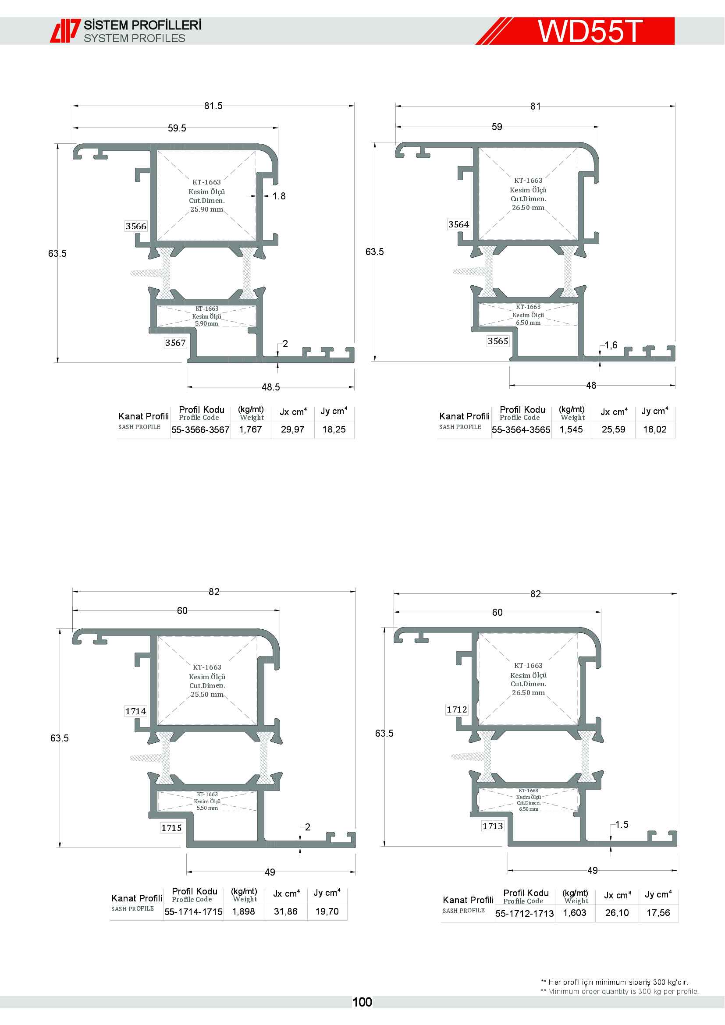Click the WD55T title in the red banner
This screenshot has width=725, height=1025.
point(590,31)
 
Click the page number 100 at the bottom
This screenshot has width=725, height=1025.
point(362,1002)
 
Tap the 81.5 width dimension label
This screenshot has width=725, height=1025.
point(213,106)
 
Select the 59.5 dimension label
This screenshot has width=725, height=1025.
point(177,128)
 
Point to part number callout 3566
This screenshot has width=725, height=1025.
point(136,226)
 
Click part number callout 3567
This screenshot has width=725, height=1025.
point(175,342)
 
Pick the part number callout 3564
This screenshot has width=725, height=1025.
point(458,224)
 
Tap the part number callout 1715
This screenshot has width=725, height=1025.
point(171,828)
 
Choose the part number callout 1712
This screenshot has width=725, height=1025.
point(457,709)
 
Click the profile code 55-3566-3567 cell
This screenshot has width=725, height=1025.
point(200,429)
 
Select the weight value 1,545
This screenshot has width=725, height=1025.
point(571,429)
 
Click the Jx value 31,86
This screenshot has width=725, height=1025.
point(286,911)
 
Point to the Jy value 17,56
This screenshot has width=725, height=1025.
point(658,912)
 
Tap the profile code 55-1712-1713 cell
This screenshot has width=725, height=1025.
point(525,913)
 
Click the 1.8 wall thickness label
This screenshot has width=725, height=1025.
point(279,196)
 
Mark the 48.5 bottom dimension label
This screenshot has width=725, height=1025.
point(270,387)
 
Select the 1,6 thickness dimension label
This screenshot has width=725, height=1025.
point(611,344)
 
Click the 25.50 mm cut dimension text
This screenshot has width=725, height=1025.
point(207,694)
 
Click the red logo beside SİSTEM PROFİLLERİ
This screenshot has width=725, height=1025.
point(65,31)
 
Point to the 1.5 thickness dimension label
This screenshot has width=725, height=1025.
point(622,824)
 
